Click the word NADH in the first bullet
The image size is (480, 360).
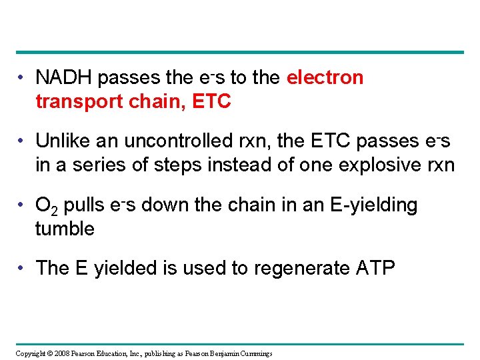click(63, 78)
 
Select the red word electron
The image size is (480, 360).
click(325, 78)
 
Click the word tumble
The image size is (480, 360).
click(65, 229)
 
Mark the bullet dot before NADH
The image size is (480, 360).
click(22, 79)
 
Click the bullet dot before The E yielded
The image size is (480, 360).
click(22, 269)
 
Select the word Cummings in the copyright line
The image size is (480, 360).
click(250, 353)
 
